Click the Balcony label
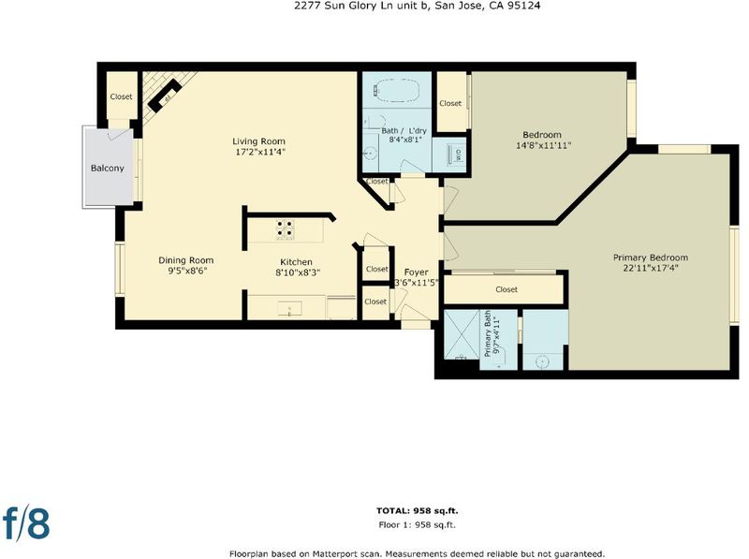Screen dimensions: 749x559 point(108,169)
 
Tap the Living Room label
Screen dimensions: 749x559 point(259,141)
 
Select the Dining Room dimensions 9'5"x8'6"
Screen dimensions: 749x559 point(185,271)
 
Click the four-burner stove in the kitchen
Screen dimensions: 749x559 point(286,229)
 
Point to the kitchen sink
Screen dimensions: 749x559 point(289,309)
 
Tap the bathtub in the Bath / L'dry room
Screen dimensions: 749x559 point(397,90)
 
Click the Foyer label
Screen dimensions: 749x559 point(416,272)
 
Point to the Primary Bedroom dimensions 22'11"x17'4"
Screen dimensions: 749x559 point(651,268)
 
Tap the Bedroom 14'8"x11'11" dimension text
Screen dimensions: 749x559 point(544,145)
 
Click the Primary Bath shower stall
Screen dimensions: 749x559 point(462,334)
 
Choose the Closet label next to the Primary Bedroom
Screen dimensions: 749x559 point(507,289)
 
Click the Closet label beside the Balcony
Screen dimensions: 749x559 point(122,96)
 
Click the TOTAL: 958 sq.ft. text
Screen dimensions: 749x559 point(417,510)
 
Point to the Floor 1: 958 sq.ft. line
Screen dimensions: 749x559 point(417,524)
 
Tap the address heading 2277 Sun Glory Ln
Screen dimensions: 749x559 point(418,6)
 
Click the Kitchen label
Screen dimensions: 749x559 point(296,262)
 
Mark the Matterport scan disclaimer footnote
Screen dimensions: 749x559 point(417,553)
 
